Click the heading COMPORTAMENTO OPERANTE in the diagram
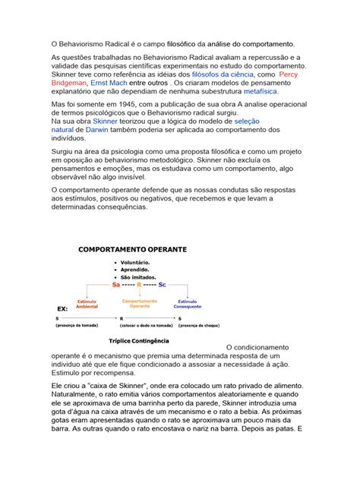click(133, 248)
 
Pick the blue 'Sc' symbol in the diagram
click(163, 284)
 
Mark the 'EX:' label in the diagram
click(63, 309)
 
